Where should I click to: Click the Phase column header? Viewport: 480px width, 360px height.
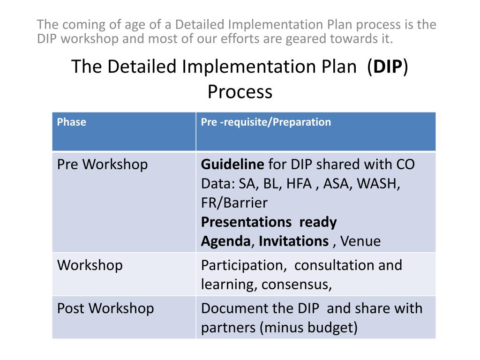(71, 122)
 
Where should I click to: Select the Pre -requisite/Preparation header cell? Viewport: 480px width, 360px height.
(266, 122)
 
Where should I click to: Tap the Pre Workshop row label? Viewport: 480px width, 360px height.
(102, 165)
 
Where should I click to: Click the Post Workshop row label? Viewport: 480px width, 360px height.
(105, 308)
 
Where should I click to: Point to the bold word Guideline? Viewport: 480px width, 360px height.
(232, 165)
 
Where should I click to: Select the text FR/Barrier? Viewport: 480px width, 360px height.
(234, 203)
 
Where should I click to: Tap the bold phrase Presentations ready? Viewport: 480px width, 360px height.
(269, 222)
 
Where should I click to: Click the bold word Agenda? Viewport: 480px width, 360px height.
(225, 241)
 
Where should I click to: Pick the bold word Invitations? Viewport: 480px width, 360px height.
(294, 241)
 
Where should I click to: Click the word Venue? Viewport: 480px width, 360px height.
(360, 241)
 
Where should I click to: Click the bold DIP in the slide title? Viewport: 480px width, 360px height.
(388, 67)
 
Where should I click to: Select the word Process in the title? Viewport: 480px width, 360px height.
(240, 92)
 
